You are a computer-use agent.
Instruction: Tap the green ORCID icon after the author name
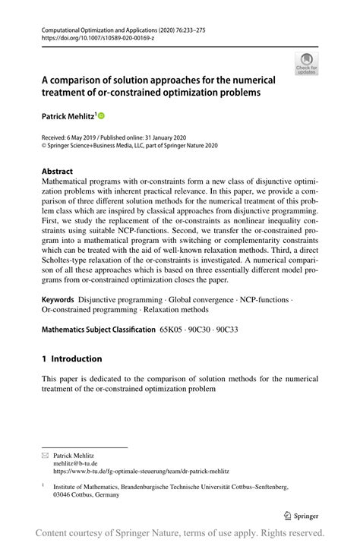pos(99,117)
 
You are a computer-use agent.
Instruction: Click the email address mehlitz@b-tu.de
pos(75,463)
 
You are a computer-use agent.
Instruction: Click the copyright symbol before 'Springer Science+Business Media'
pos(44,146)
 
